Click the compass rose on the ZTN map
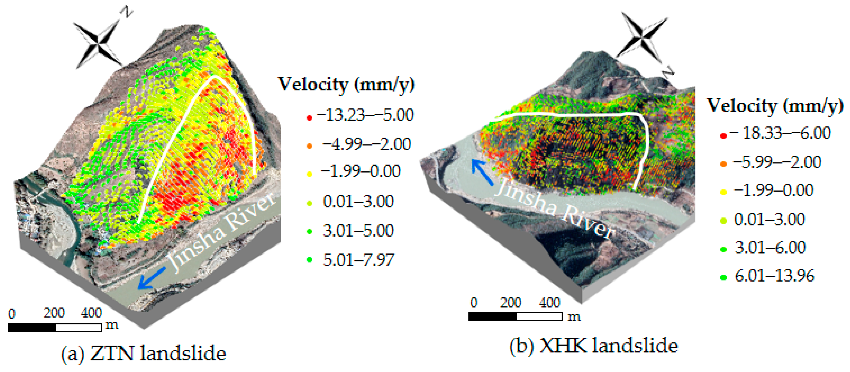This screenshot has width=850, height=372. [98, 43]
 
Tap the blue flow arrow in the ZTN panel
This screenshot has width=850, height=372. [151, 278]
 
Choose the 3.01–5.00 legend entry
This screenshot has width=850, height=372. [358, 230]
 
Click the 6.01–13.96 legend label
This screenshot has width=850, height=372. [774, 276]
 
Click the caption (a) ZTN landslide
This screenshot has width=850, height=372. [144, 354]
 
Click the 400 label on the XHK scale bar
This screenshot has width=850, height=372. [549, 302]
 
